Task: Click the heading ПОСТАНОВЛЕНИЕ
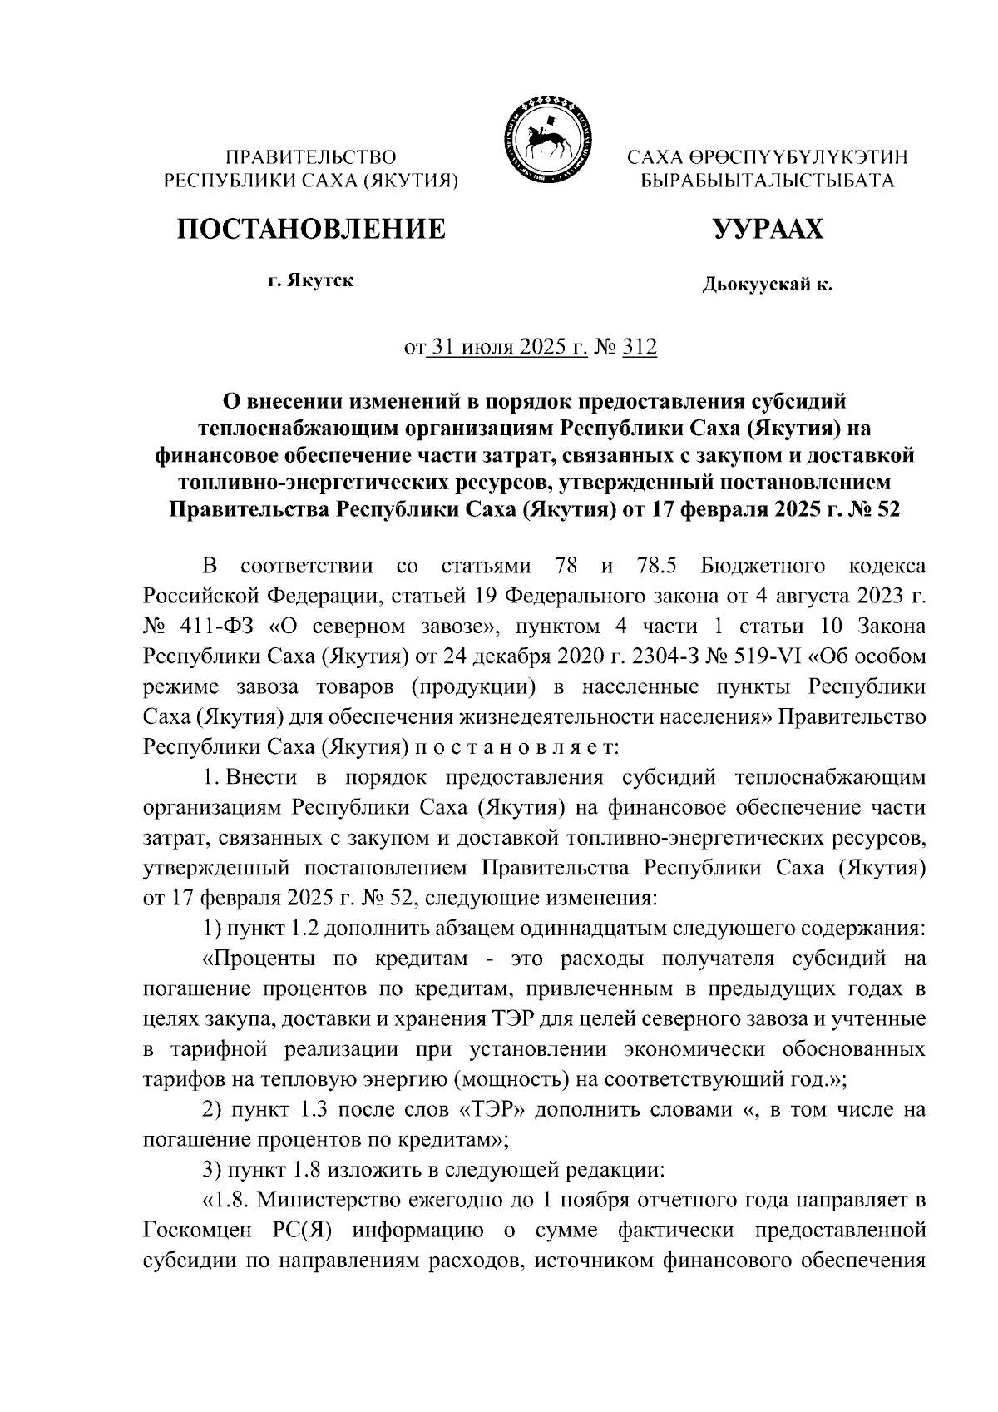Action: [310, 228]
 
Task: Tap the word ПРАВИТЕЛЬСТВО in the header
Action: [312, 156]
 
